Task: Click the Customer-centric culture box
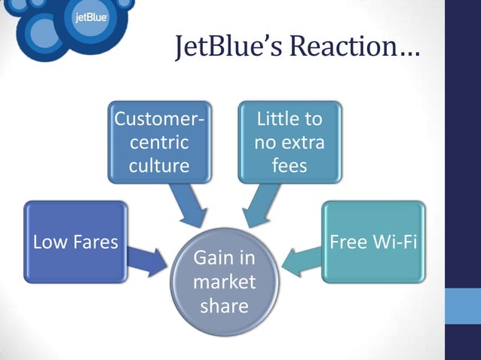coord(158,142)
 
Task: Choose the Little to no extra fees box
coord(290,142)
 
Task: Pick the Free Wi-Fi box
coord(373,242)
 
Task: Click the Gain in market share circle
coord(224,282)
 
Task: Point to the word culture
coord(158,165)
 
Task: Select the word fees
coord(290,165)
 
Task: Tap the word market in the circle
coord(224,282)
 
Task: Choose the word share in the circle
coord(224,306)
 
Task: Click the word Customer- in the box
coord(158,119)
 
